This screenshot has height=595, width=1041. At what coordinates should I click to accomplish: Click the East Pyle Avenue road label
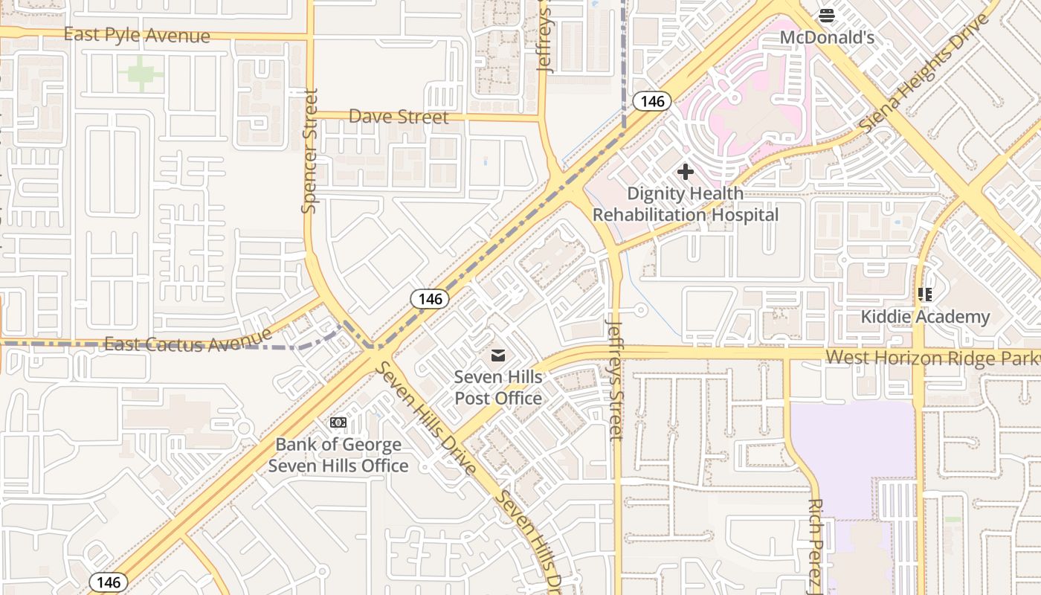coord(137,35)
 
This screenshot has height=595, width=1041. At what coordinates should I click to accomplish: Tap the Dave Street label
coord(399,117)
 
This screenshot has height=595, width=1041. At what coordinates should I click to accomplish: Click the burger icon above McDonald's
coord(827,15)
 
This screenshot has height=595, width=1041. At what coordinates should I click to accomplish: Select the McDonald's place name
coord(827,36)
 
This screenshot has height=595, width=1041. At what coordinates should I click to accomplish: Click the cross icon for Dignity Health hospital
coord(685,172)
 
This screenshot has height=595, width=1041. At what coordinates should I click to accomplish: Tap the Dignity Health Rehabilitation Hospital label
coord(685,204)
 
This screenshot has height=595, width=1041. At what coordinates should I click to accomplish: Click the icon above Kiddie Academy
coord(925,295)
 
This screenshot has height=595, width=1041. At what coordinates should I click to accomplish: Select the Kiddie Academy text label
coord(925,317)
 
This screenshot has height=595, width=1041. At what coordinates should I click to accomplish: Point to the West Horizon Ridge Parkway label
coord(932,358)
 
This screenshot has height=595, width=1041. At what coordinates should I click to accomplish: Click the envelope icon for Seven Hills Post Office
coord(497,356)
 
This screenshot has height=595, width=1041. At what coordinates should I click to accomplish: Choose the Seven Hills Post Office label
coord(497,387)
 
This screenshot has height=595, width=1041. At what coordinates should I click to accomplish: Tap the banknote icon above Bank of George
coord(338,423)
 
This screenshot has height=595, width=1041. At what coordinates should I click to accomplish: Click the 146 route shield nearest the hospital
coord(652,101)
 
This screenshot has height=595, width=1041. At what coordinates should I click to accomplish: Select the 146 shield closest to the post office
coord(430,299)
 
